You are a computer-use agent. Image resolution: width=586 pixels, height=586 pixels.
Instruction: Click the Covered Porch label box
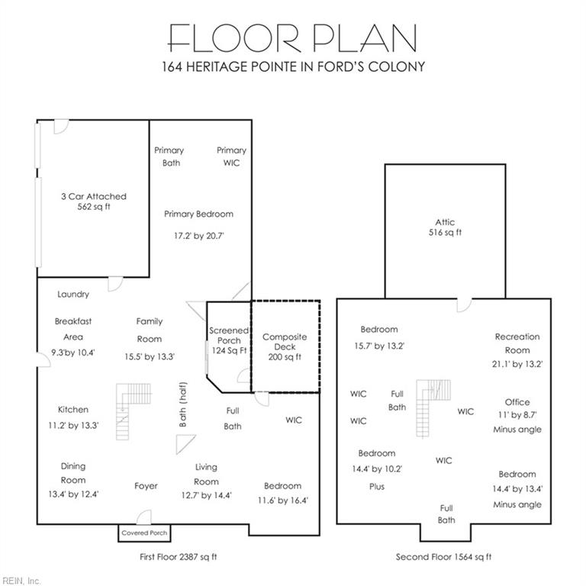click(x=144, y=533)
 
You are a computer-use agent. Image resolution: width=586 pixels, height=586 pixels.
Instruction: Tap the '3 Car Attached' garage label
click(x=94, y=196)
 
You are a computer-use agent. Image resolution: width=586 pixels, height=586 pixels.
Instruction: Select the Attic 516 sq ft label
click(x=445, y=227)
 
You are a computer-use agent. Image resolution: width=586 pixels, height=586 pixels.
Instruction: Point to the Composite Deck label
click(x=285, y=342)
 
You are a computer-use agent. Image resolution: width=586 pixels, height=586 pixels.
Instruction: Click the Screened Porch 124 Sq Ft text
click(x=229, y=340)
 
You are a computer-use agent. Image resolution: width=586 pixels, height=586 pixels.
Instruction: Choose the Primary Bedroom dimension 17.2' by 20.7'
click(x=199, y=236)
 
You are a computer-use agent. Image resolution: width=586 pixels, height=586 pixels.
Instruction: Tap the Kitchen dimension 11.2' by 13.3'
click(x=73, y=425)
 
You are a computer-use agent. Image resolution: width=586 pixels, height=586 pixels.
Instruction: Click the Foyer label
click(x=146, y=486)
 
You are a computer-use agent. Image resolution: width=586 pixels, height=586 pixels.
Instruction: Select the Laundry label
click(x=73, y=295)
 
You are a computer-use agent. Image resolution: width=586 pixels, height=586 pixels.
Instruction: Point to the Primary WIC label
click(x=231, y=156)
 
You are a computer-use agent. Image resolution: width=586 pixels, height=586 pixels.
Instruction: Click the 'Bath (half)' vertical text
click(x=182, y=404)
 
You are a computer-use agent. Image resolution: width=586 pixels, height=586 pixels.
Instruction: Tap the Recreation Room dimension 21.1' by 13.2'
click(x=517, y=364)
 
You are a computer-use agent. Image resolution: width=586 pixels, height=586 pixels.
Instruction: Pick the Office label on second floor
click(x=517, y=402)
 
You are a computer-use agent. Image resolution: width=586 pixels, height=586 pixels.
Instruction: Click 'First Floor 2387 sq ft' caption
click(x=179, y=557)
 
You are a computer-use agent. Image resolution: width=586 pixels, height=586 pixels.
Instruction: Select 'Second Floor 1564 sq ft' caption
click(x=443, y=557)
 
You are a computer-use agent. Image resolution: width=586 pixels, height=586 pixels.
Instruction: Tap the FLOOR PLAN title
click(x=292, y=37)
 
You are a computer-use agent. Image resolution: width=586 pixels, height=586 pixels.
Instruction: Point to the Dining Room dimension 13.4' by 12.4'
click(x=73, y=494)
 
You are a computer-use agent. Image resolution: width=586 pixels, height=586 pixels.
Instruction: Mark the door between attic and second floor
click(x=464, y=305)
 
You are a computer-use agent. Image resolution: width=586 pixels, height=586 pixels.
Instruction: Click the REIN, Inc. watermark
click(x=21, y=581)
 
